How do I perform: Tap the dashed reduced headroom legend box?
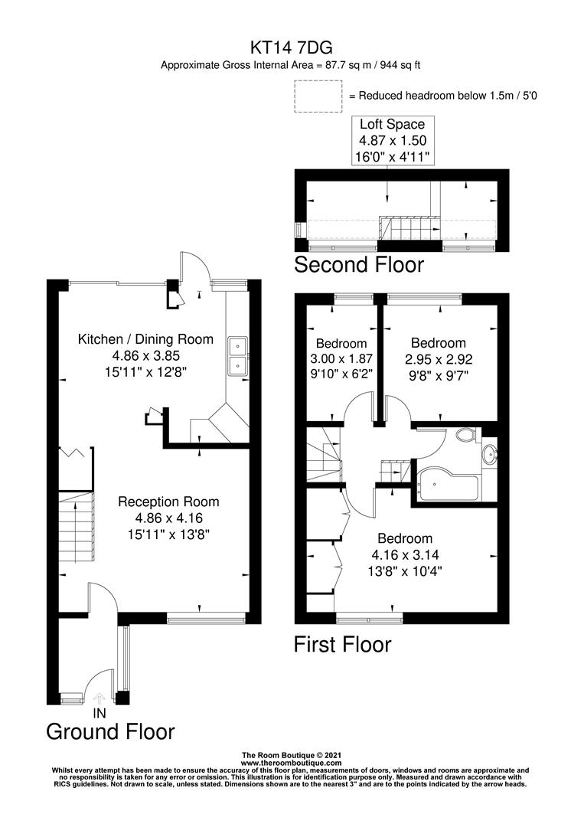317,96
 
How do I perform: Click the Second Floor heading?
358,265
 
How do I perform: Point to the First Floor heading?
342,645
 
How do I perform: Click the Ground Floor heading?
110,731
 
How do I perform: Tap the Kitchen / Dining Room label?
145,339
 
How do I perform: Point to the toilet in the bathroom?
464,436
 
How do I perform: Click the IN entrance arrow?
99,698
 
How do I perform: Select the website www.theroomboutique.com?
291,763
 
